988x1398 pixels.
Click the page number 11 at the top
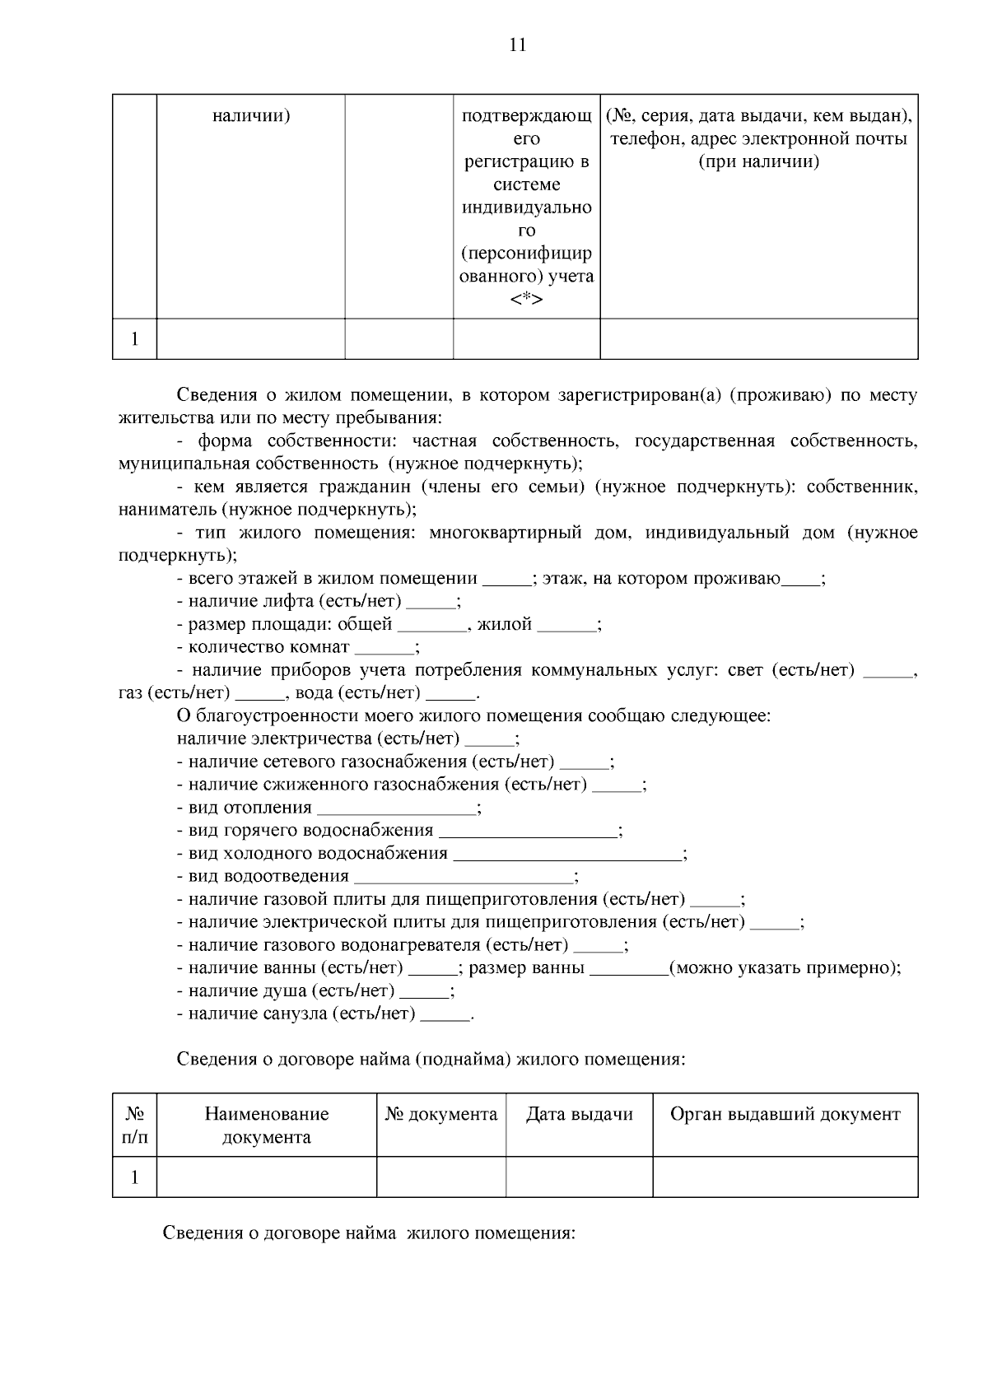(x=518, y=44)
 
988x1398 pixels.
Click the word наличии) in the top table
(x=250, y=116)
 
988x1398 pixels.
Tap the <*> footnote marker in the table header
(x=526, y=300)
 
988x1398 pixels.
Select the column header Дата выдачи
(x=579, y=1115)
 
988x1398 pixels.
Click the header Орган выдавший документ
(x=785, y=1115)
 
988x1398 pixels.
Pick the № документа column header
(x=440, y=1115)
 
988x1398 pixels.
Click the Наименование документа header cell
(x=266, y=1125)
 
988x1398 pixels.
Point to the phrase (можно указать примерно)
(x=785, y=968)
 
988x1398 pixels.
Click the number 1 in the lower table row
(x=135, y=1177)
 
